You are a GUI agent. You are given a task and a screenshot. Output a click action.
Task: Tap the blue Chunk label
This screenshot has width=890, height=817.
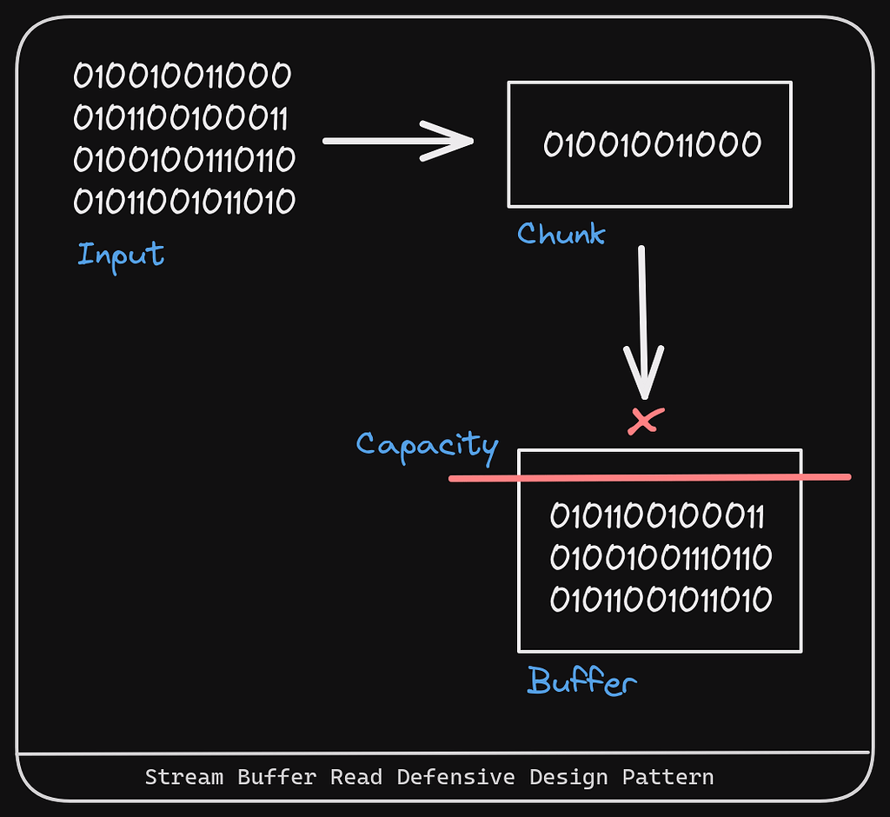[561, 233]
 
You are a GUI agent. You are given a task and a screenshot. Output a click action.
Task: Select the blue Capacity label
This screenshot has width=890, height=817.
[427, 445]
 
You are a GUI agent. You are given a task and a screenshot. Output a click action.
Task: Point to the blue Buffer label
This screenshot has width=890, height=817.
[581, 682]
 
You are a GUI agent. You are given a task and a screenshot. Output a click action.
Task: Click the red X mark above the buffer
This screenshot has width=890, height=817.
[645, 421]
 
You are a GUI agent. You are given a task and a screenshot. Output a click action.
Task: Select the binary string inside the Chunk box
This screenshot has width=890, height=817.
[652, 145]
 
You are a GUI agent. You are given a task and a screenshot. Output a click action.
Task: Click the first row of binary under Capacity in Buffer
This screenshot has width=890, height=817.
[657, 516]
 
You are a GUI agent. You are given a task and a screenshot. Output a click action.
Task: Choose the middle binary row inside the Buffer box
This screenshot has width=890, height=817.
[661, 558]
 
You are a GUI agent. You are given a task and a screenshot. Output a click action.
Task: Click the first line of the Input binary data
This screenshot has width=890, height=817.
[183, 76]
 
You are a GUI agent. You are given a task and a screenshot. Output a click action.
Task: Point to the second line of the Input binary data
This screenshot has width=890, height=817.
[181, 117]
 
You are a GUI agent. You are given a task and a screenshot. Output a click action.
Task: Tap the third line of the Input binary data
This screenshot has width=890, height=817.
[184, 160]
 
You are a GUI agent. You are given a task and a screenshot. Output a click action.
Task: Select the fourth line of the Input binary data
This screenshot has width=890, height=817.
[184, 202]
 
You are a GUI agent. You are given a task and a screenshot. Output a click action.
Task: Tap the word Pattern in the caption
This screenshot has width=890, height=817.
[667, 777]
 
